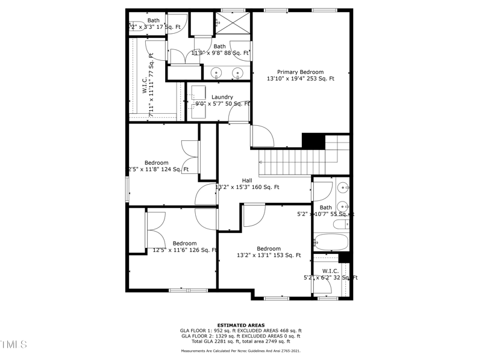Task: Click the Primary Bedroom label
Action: (300, 72)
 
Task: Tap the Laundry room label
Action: (222, 97)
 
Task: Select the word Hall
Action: (247, 180)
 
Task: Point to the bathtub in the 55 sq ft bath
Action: (331, 242)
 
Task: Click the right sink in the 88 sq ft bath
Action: (237, 73)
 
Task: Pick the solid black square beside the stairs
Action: (313, 141)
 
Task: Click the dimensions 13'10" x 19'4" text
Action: (300, 79)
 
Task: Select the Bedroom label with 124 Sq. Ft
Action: (156, 162)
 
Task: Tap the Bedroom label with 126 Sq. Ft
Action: (184, 243)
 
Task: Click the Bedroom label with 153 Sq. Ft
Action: (268, 248)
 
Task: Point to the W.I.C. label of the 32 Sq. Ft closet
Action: (330, 271)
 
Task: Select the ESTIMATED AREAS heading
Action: (241, 325)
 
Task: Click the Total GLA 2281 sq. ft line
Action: (241, 341)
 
